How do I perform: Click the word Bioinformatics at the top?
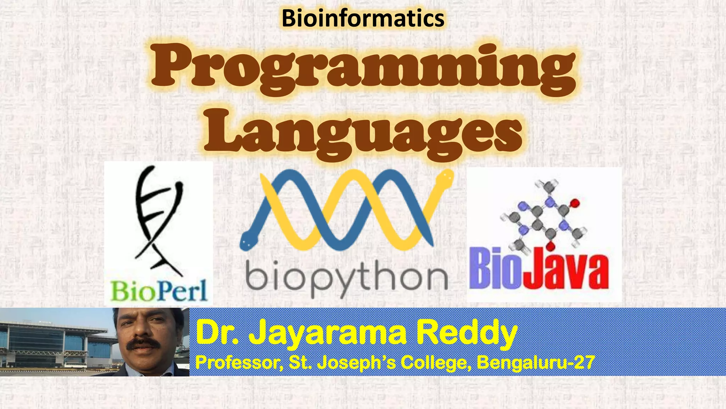point(363,18)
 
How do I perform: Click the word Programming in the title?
point(363,71)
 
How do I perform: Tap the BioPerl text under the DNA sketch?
point(158,291)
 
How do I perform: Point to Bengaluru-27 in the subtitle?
point(535,363)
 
